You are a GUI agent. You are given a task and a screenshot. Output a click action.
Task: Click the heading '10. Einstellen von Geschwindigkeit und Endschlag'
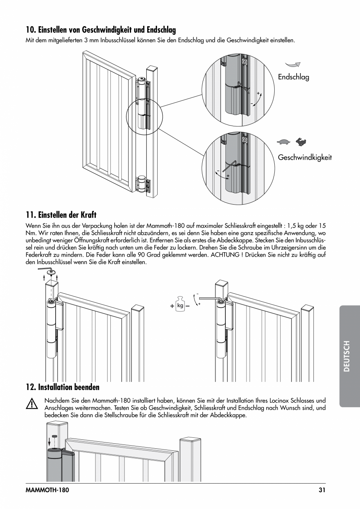pos(101,30)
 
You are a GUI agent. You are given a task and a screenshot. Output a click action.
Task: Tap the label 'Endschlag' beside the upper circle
pos(293,77)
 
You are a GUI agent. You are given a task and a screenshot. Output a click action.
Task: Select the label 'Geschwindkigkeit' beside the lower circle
pos(305,157)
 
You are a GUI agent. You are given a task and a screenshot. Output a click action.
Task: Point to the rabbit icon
pos(301,142)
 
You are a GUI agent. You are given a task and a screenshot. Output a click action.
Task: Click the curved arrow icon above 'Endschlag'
pos(293,65)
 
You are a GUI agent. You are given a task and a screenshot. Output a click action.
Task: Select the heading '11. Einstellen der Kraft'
pos(61,215)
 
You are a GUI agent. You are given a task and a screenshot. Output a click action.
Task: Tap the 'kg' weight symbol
pos(180,305)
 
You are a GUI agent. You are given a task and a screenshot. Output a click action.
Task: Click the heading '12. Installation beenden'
pos(63,387)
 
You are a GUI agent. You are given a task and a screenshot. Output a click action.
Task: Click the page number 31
pos(322,489)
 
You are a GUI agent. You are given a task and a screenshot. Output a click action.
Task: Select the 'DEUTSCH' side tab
pos(347,356)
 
